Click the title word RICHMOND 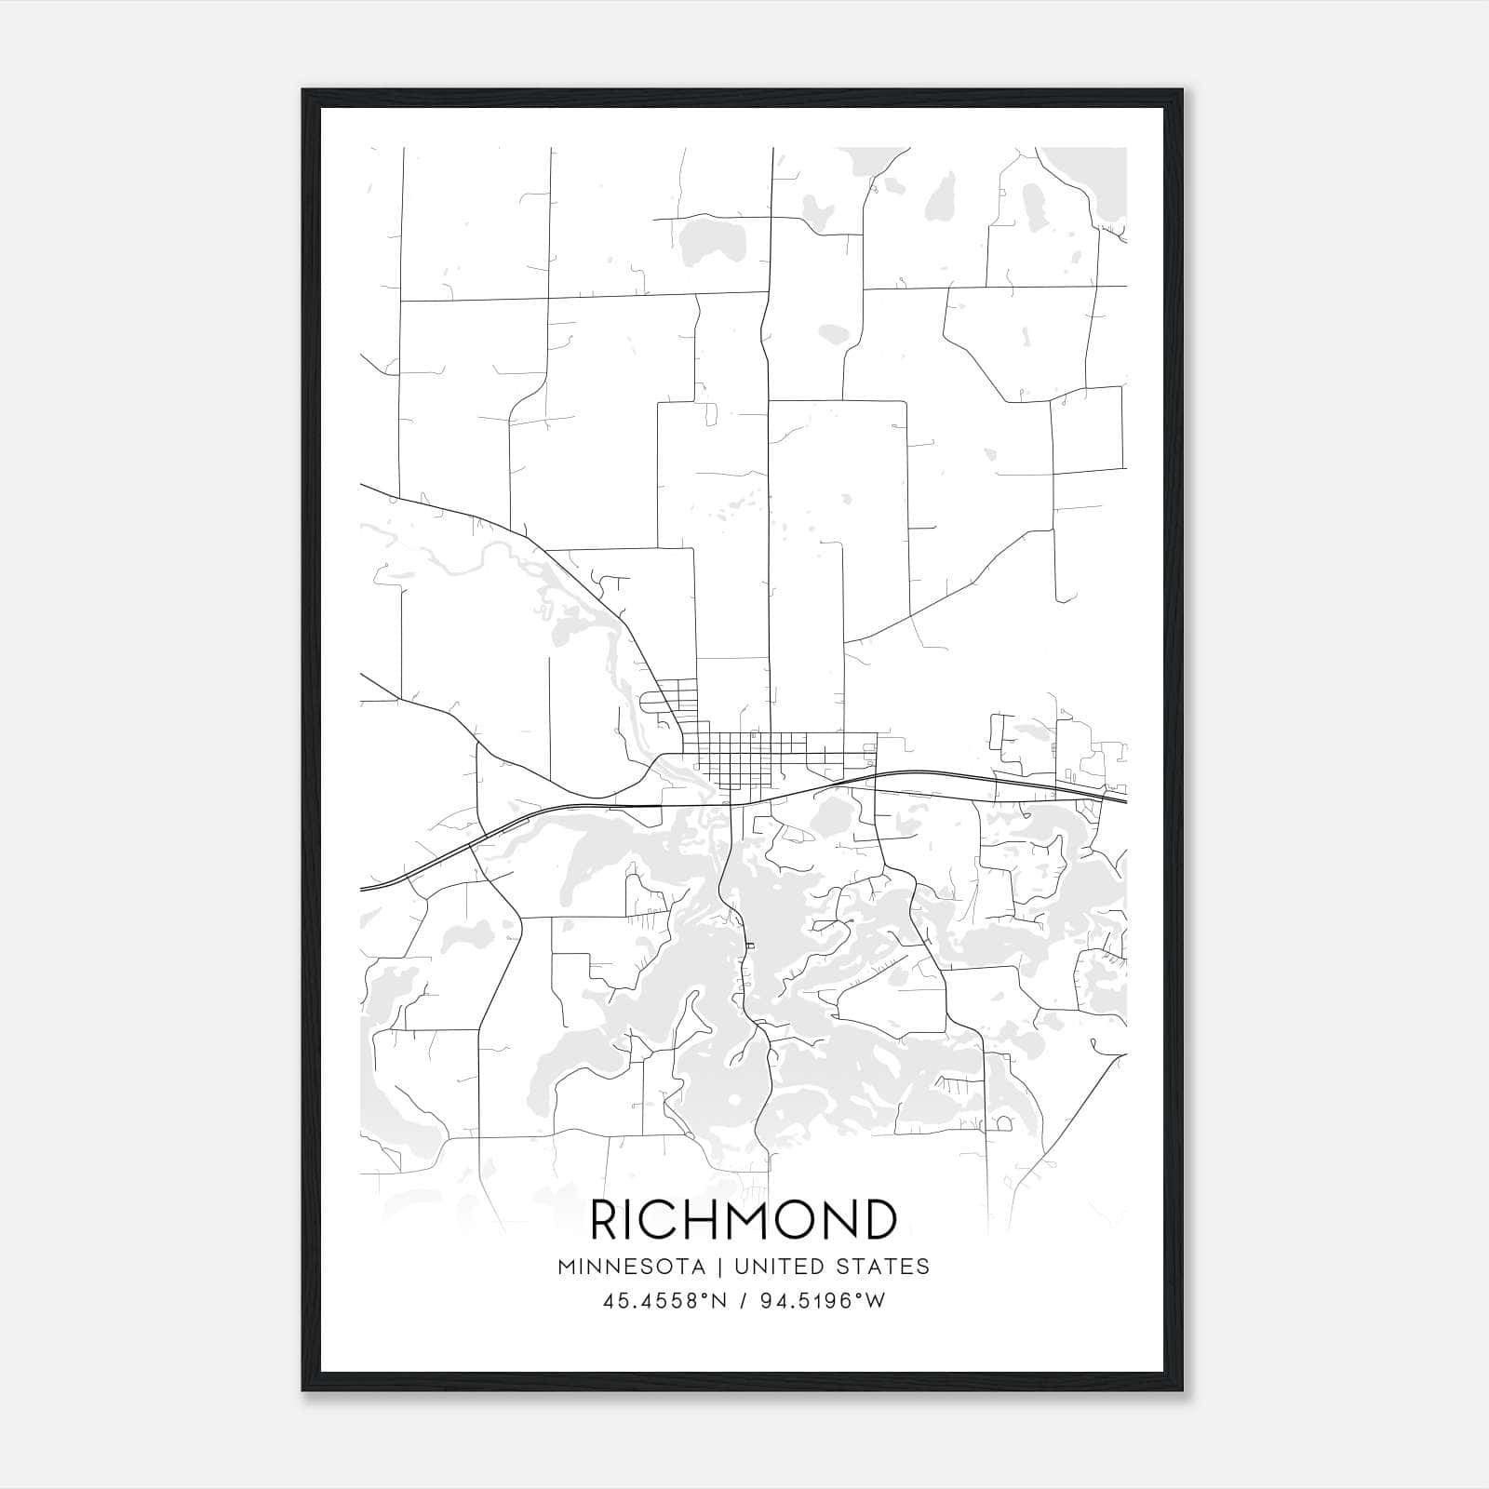click(x=744, y=1220)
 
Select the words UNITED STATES click(x=831, y=1267)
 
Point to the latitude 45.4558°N click(x=663, y=1301)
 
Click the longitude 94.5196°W click(x=823, y=1301)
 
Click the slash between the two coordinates click(x=741, y=1301)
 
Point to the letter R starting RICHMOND click(x=606, y=1220)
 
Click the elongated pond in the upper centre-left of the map click(x=707, y=244)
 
